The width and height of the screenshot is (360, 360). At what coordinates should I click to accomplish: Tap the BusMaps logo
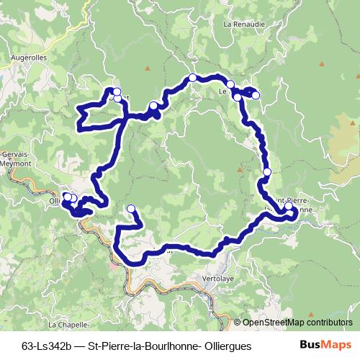coord(326,345)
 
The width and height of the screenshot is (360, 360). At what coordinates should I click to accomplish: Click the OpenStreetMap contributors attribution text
coord(297,323)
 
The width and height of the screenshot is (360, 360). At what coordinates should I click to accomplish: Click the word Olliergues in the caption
coord(226,346)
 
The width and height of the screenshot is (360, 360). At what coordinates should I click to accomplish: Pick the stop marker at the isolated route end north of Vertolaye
coord(131,209)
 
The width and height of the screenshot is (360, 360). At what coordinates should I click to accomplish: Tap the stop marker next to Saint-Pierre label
coord(289,207)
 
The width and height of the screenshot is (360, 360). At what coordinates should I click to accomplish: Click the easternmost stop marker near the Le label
coord(255,95)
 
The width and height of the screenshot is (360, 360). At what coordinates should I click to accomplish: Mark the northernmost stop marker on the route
coord(192,77)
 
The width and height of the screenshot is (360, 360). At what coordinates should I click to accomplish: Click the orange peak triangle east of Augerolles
coord(147,68)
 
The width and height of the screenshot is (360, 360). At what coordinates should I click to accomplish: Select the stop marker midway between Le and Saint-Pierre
coord(267,172)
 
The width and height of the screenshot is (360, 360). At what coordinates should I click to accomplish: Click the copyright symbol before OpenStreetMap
coord(237,323)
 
